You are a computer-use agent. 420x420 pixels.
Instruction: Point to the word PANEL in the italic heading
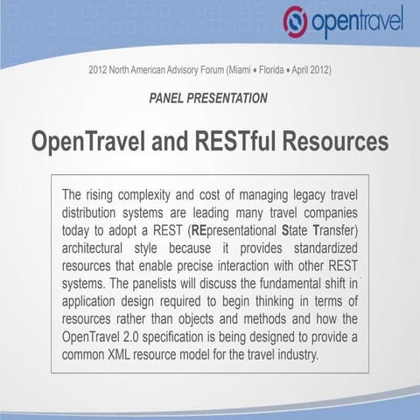[x=171, y=98]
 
